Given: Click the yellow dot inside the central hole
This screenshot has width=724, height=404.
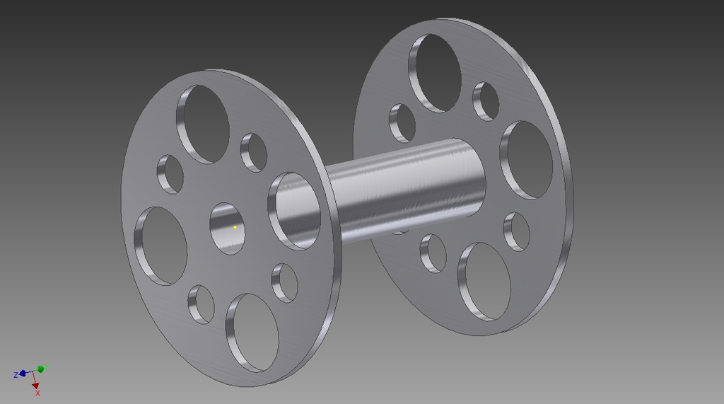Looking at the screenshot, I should (235, 227).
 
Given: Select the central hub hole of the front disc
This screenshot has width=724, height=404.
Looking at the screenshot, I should (227, 228).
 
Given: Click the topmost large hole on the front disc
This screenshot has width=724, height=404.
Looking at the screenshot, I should (203, 125).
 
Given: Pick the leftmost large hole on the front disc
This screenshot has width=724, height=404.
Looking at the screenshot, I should (161, 246).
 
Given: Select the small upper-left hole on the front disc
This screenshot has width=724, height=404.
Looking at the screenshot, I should (170, 174).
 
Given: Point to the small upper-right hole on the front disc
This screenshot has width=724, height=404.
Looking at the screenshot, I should (254, 152).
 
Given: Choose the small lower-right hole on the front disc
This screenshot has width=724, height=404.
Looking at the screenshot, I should (284, 282).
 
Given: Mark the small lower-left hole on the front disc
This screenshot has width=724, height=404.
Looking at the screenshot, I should (201, 304).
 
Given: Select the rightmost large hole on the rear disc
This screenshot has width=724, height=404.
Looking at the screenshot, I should (527, 160).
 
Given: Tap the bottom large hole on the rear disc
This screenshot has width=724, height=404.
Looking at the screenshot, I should (484, 281).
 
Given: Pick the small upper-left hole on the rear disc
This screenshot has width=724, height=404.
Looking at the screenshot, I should (402, 122).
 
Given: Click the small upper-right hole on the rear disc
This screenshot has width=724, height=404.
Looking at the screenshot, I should (486, 101).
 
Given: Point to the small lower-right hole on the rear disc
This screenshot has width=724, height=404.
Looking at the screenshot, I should (517, 231).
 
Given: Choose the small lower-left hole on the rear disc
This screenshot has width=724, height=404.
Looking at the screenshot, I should (433, 253).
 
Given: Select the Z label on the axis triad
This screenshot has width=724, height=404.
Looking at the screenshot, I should (16, 375).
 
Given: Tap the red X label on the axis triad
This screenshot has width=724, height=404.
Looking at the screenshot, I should (37, 393).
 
